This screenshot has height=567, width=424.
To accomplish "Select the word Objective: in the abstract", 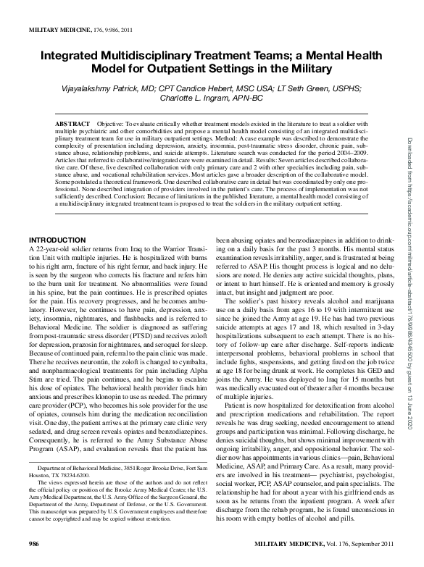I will (112, 125).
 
